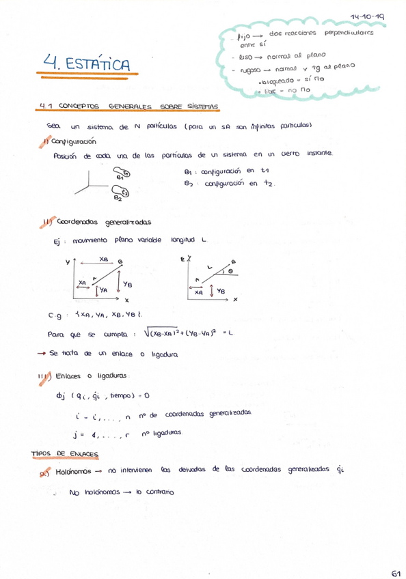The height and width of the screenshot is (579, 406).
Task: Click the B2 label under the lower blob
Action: coord(118,199)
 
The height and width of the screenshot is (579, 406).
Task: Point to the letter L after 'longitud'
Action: coord(204,240)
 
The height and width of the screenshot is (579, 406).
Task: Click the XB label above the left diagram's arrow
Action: coord(103,259)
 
